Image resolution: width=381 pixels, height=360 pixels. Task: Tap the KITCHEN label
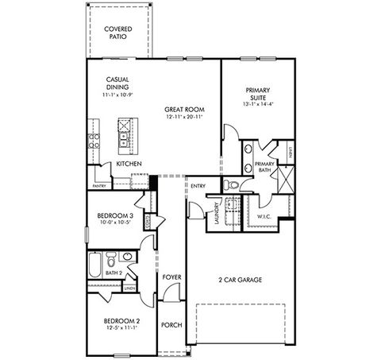(x=129, y=163)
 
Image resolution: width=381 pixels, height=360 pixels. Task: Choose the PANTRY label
(x=99, y=185)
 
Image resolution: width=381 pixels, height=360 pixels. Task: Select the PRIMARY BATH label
(x=264, y=167)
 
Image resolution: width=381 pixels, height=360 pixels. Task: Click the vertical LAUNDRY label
(x=216, y=214)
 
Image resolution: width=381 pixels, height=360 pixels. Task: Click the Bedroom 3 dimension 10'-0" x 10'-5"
(x=113, y=223)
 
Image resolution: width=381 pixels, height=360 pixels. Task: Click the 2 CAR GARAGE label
(x=240, y=280)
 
